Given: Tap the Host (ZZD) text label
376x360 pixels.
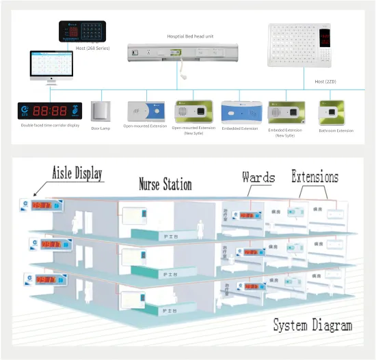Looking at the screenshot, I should pos(325,82).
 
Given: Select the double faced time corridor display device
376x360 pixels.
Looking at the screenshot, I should pos(50,111).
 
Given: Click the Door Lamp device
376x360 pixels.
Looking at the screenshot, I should pos(101,111).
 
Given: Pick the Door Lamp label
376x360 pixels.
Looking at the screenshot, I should pos(101,128).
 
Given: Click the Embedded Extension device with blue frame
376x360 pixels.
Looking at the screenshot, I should pos(239,111).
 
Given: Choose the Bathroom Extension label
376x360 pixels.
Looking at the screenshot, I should pos(336,130).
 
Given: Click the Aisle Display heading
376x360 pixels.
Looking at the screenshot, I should pos(77,172).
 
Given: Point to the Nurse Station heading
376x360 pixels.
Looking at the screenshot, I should pos(165,183).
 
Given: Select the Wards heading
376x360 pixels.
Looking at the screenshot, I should pos(258,178).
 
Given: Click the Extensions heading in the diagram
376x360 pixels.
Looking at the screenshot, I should pos(314,177).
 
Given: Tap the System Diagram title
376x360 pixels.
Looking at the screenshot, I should pos(313,325).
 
